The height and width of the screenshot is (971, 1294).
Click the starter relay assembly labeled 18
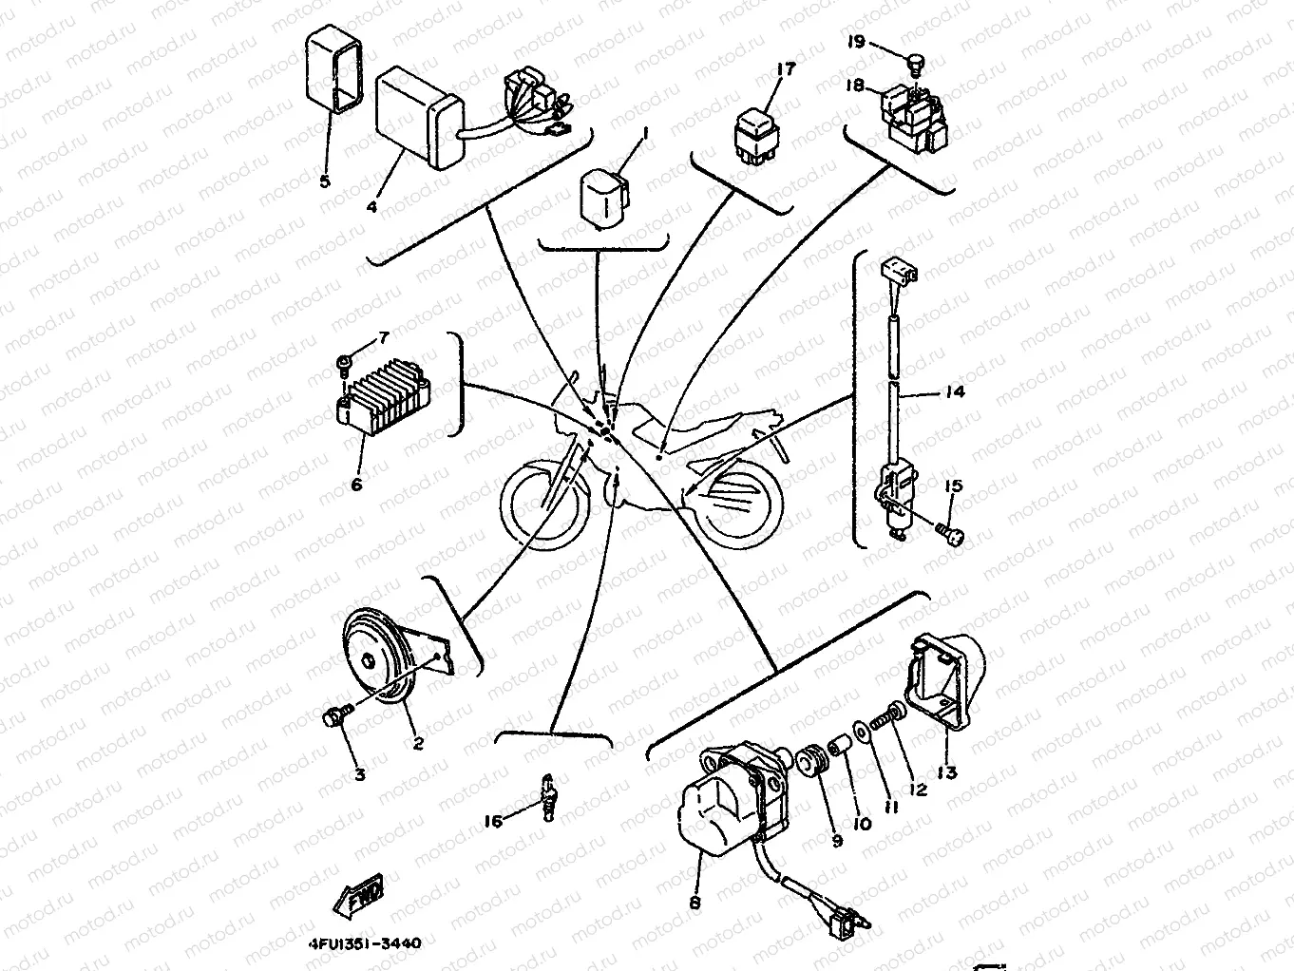914,114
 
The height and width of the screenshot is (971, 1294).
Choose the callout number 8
695,903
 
